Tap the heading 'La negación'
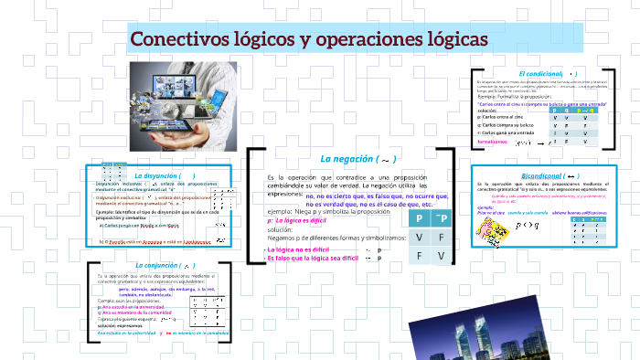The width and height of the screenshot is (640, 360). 348,160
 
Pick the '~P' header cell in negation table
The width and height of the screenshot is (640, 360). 442,219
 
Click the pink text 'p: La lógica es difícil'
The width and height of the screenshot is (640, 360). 299,220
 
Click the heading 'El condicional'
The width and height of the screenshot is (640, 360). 542,73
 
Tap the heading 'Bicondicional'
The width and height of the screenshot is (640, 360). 543,175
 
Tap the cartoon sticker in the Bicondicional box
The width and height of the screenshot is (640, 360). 494,229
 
